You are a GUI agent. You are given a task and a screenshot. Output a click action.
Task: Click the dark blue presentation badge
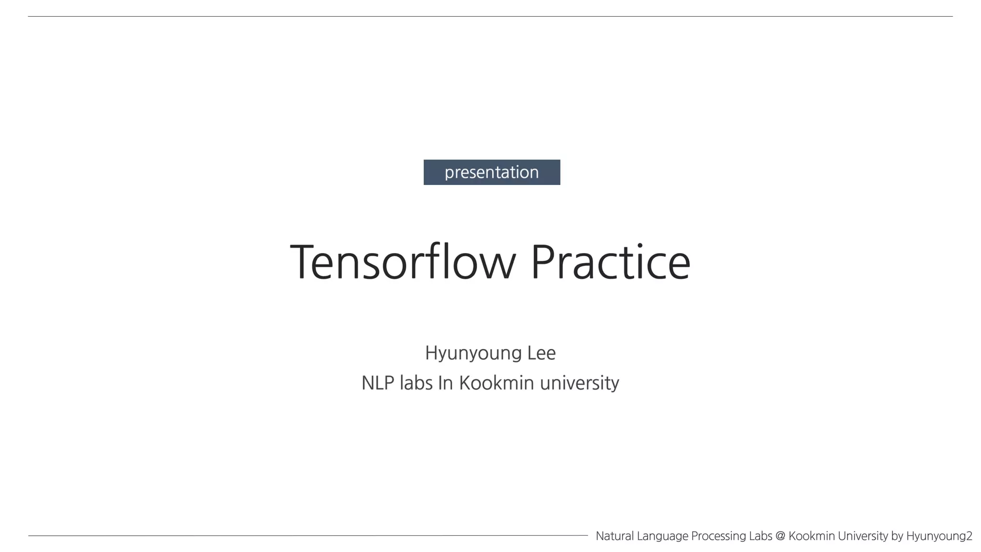(491, 172)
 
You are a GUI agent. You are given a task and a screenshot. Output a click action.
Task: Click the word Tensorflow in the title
(403, 262)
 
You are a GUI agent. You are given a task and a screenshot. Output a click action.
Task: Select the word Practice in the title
(610, 262)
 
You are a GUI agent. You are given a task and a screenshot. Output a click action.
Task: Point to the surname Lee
(541, 353)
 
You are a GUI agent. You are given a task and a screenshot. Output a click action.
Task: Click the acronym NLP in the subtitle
(377, 383)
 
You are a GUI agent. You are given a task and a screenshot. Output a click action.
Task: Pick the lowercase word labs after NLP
(416, 383)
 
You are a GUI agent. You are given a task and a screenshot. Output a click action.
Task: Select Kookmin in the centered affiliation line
(496, 383)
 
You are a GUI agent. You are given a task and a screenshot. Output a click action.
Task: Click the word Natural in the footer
(615, 536)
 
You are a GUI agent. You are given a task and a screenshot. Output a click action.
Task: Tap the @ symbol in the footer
(780, 536)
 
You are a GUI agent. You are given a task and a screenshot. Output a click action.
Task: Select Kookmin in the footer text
(811, 536)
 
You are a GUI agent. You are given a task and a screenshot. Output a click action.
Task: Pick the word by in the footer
(897, 536)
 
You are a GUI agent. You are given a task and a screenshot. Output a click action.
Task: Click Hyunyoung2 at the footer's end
(939, 536)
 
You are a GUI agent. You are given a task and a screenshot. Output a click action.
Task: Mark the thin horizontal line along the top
(490, 17)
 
